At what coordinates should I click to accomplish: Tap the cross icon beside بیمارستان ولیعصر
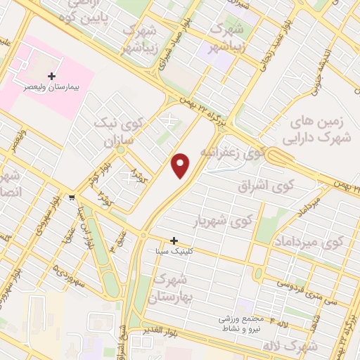pos(51,75)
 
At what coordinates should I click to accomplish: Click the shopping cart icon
pos(72,197)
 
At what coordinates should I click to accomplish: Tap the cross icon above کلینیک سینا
pos(174,240)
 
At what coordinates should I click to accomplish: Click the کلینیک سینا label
pos(173,250)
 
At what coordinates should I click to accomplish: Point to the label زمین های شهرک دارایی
pos(314,131)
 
